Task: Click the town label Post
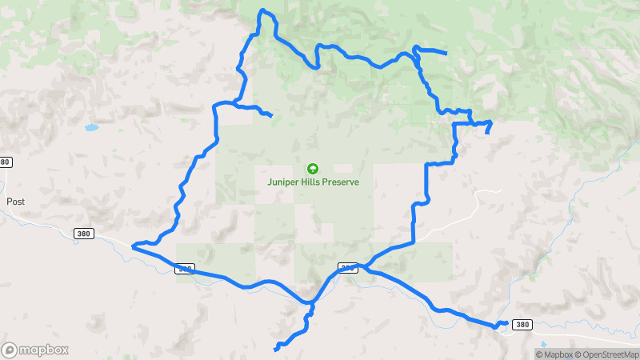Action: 16,202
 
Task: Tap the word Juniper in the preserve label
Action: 284,182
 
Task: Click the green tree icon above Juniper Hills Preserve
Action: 312,169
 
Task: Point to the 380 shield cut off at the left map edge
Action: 4,162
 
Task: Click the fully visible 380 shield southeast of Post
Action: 83,234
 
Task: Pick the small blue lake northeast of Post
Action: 90,127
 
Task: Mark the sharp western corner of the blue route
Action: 132,246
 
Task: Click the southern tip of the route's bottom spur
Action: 276,349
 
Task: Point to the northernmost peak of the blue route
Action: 262,10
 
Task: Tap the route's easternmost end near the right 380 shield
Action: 506,322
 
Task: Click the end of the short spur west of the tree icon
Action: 272,116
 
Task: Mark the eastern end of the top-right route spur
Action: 445,54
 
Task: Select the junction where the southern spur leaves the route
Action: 310,304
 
